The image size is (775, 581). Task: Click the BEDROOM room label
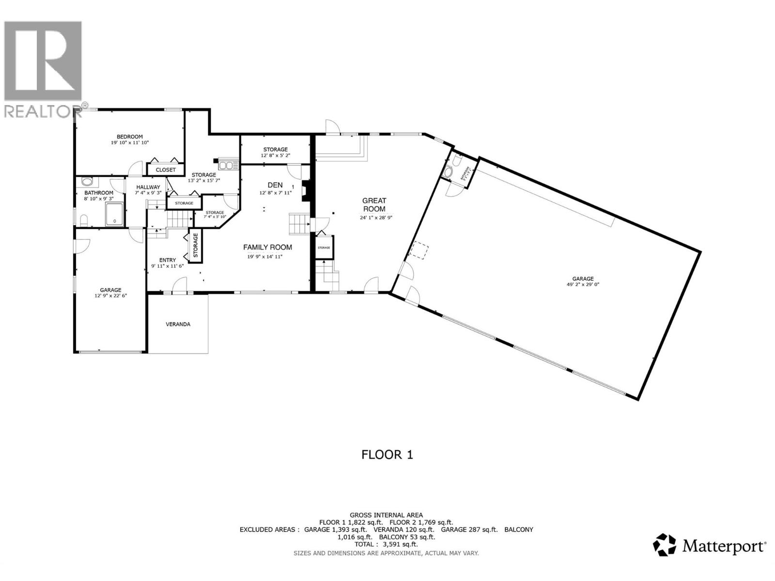coord(129,137)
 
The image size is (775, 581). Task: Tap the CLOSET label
coord(166,170)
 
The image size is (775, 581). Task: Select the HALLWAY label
coord(148,187)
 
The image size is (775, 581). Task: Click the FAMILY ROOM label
coord(267,247)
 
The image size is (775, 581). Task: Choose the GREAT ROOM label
coord(374,205)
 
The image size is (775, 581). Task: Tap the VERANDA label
coord(178,324)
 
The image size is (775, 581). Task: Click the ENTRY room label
coord(168,260)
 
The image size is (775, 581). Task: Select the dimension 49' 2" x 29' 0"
coord(583,285)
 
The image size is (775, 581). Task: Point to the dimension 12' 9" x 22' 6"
coord(110,295)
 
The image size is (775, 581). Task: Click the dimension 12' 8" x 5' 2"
coord(275,155)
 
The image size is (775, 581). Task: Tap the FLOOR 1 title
coord(387,455)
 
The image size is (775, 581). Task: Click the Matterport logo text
coord(724,547)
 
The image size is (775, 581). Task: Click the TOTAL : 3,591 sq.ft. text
coord(386,544)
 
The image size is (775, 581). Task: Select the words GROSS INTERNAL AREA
coord(386,515)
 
